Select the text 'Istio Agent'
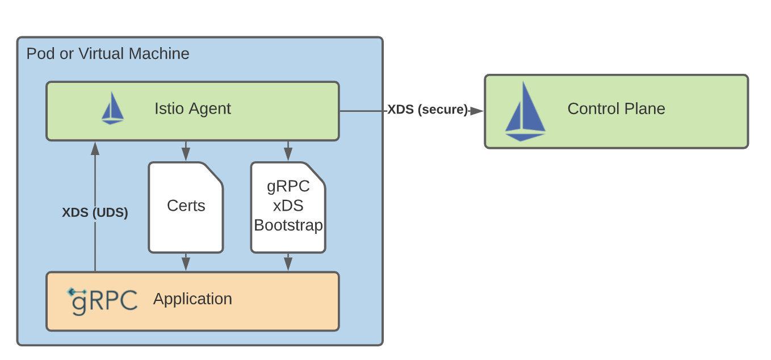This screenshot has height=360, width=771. pos(192,108)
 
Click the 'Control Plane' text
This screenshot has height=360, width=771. pos(616,108)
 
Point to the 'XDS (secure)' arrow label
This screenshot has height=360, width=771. pos(428,110)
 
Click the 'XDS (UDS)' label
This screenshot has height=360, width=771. pos(95,213)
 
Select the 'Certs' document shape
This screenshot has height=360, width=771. pos(186,207)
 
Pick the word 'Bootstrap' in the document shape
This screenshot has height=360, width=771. pos(288,225)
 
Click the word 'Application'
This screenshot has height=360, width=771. pos(192,299)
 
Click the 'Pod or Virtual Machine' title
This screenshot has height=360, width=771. pos(108,54)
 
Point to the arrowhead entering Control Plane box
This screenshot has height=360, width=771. pos(477,111)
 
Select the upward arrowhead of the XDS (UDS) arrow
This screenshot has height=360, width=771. pos(95,148)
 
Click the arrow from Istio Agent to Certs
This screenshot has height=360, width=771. pos(186,151)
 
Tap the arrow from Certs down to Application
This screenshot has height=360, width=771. pos(186,262)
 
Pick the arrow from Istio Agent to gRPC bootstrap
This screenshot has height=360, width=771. pos(288,151)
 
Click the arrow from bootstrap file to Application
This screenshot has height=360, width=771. pos(288,262)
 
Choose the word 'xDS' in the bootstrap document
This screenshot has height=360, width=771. pos(288,206)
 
